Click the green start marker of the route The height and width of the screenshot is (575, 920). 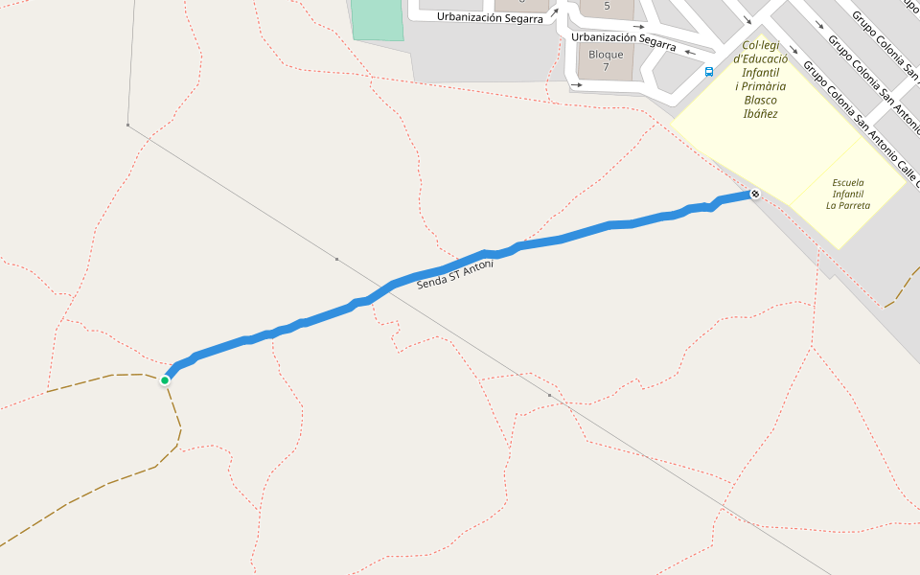point(165,380)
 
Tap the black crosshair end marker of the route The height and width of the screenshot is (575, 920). point(755,195)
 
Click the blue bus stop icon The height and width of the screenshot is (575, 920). point(709,71)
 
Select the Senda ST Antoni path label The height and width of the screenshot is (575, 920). point(455,275)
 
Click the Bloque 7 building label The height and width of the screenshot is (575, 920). point(606,60)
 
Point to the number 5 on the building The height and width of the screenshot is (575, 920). point(607,6)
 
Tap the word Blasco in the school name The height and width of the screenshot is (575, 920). point(760,100)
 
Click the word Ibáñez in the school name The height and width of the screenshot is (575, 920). point(760,113)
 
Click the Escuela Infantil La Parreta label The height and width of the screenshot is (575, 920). point(848,193)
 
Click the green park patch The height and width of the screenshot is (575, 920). point(378,18)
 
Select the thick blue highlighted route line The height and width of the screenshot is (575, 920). point(575,234)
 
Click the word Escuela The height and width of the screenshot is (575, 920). point(848,182)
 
